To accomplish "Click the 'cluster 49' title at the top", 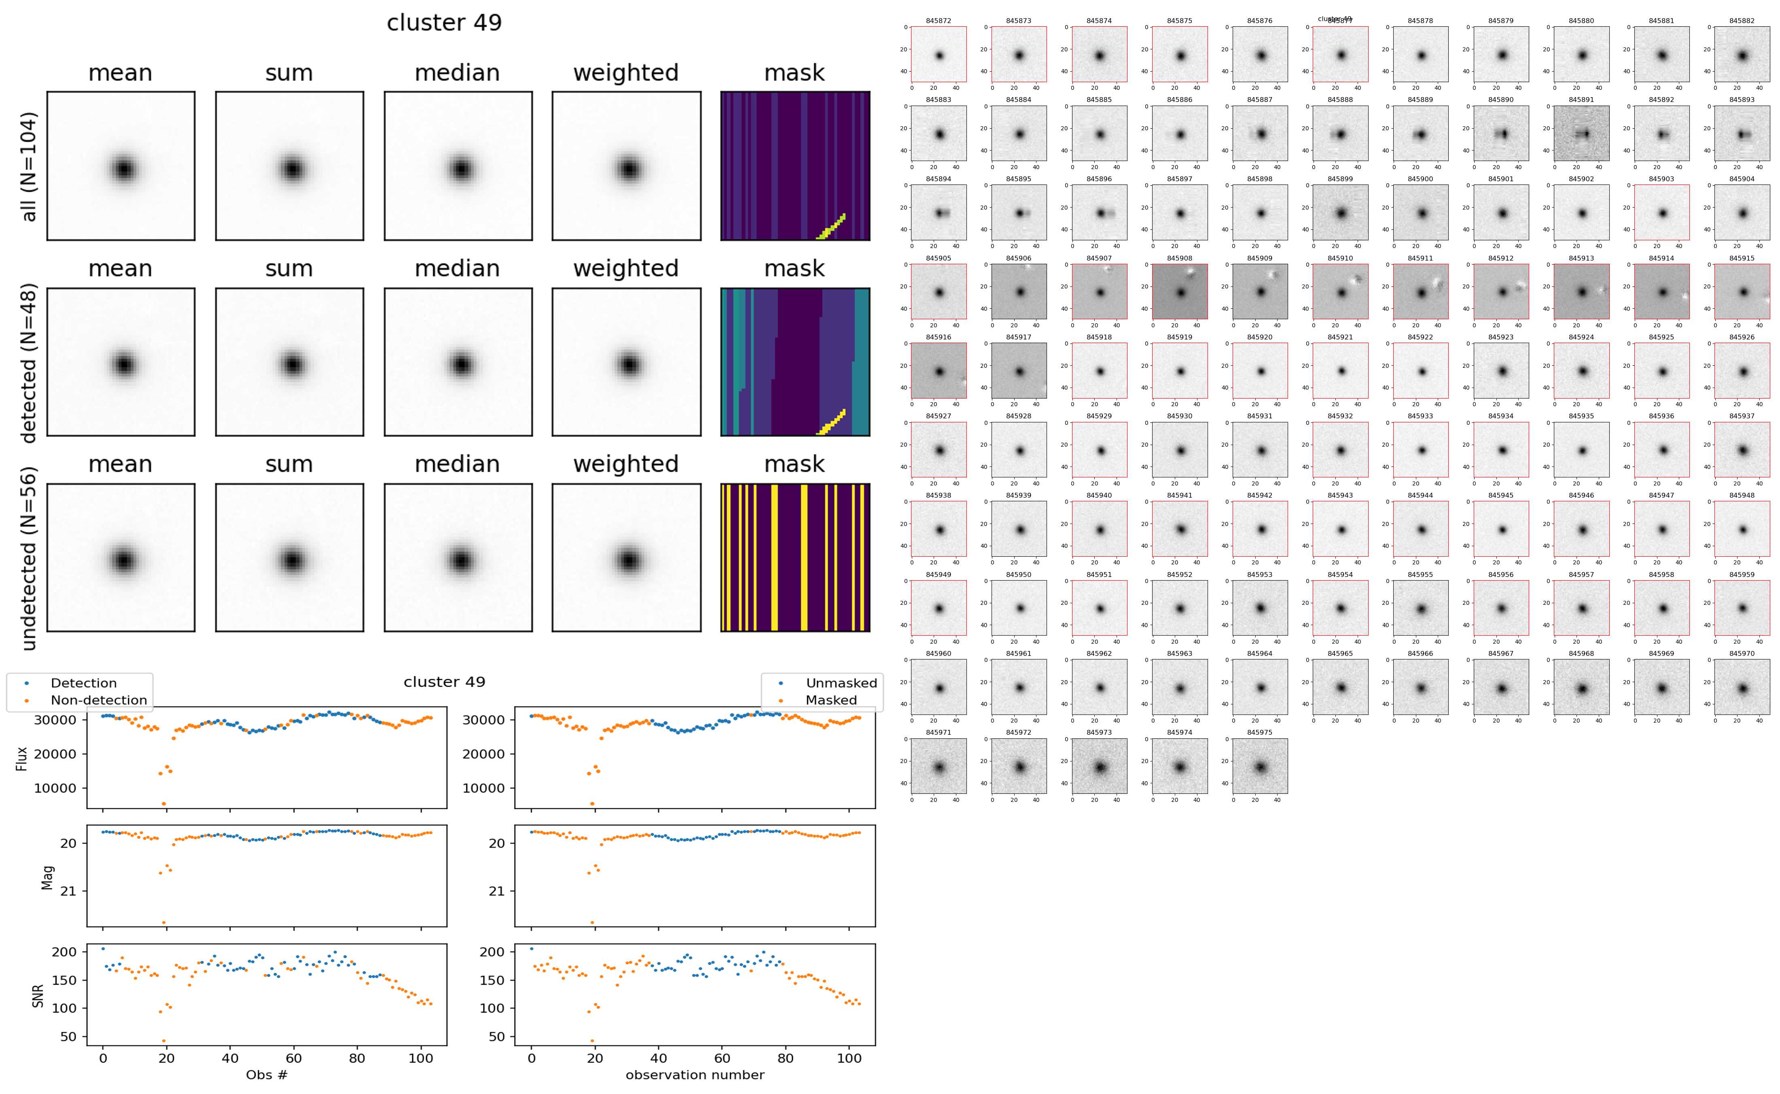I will [x=444, y=23].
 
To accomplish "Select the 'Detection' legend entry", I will [x=83, y=683].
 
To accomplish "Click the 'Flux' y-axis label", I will [x=22, y=758].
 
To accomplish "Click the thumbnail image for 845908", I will [x=1180, y=292].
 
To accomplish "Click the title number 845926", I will [x=1742, y=337].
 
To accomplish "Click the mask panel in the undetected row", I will [x=795, y=558].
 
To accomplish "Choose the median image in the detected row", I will [x=458, y=363].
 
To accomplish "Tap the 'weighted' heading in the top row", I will [x=626, y=73].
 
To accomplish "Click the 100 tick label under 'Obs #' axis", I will [x=421, y=1058].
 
